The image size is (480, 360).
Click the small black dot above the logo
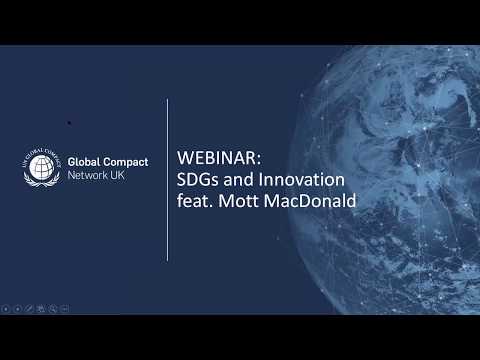pyautogui.click(x=68, y=123)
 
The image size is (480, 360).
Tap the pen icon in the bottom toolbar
pyautogui.click(x=29, y=310)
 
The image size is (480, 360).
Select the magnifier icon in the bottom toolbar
pyautogui.click(x=53, y=310)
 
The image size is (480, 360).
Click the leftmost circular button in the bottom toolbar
pyautogui.click(x=6, y=310)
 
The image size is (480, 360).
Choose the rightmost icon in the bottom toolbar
pyautogui.click(x=65, y=310)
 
